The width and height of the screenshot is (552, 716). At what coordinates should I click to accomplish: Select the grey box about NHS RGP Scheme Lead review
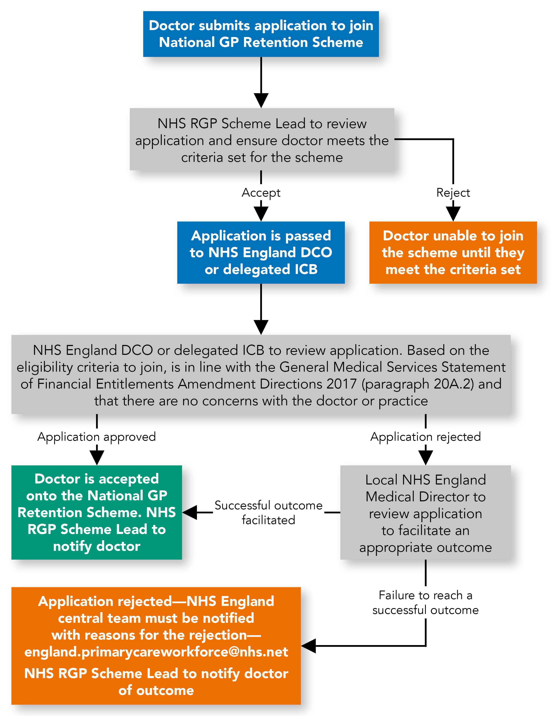(262, 139)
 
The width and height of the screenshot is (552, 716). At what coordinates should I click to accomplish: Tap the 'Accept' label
(261, 193)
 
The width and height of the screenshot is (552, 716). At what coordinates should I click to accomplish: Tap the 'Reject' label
(453, 193)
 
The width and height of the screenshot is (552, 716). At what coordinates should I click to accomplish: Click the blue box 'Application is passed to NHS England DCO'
(261, 252)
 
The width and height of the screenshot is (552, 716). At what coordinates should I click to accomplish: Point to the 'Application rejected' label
(425, 437)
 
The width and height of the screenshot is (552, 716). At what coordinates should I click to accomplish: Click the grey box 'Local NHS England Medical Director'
(425, 513)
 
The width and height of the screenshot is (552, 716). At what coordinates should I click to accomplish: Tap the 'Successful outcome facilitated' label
(268, 512)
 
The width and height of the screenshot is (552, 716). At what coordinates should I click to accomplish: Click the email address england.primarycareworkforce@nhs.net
(156, 652)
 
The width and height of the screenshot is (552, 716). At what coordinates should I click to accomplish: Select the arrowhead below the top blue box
(261, 100)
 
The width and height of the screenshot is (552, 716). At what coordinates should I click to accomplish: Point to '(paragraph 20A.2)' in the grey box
(417, 384)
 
